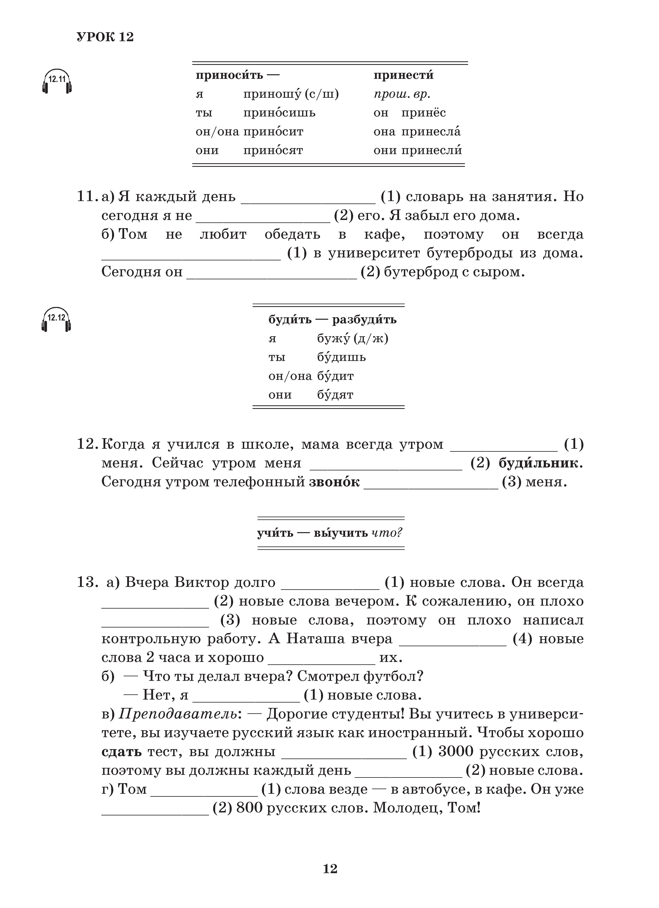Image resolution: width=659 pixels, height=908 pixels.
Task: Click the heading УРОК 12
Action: coord(105,37)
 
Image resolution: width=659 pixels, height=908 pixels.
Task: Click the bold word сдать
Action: coord(122,752)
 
